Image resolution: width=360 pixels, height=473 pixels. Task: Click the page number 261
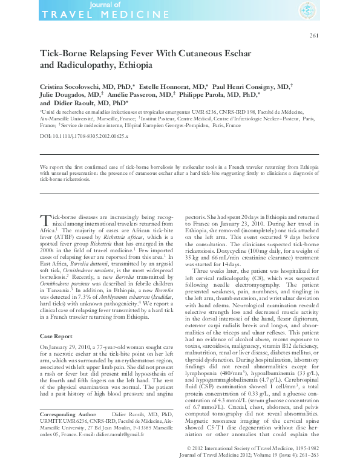(x=314, y=36)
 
